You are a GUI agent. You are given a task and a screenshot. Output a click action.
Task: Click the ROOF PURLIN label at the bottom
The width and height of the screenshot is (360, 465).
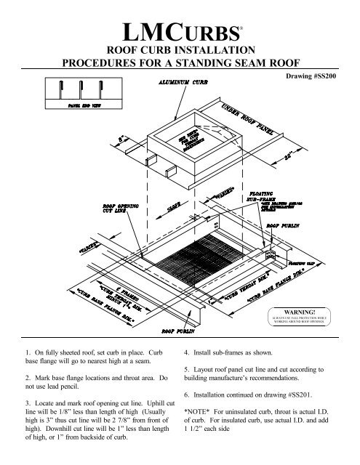[186, 329]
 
